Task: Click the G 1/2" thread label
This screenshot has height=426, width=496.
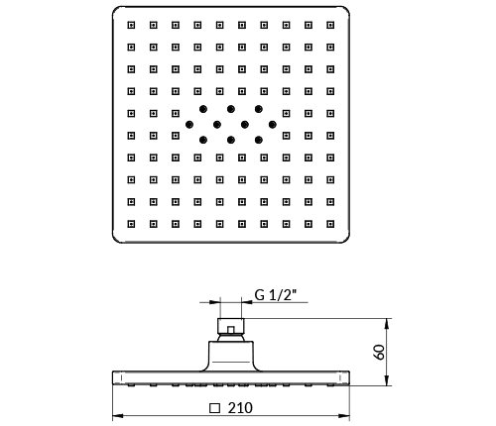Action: [276, 294]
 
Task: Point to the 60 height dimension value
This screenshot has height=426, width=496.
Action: [379, 352]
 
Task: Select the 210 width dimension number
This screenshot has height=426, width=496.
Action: [240, 408]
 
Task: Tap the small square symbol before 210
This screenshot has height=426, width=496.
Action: [214, 408]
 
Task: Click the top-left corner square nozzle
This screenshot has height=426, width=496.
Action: [131, 25]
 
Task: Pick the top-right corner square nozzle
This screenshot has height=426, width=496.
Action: [330, 25]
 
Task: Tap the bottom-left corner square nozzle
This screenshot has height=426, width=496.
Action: [131, 224]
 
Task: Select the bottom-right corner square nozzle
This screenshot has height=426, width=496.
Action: [330, 224]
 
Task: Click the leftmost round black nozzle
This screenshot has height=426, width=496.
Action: [189, 125]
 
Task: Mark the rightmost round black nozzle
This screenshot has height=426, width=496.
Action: [273, 125]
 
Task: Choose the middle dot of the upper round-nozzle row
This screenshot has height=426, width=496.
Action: [231, 109]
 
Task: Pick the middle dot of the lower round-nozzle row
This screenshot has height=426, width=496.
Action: [231, 140]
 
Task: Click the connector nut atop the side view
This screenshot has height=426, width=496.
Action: [231, 326]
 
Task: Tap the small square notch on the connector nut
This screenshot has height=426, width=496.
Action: [231, 330]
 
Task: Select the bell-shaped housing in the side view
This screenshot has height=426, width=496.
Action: [231, 356]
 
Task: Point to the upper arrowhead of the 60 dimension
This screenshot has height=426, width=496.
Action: [387, 324]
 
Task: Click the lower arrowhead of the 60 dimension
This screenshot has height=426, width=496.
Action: [387, 380]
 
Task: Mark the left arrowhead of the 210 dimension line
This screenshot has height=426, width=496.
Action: [118, 416]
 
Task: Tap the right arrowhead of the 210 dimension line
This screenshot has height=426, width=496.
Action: [344, 416]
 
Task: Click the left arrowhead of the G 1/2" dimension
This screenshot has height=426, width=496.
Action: [215, 302]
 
